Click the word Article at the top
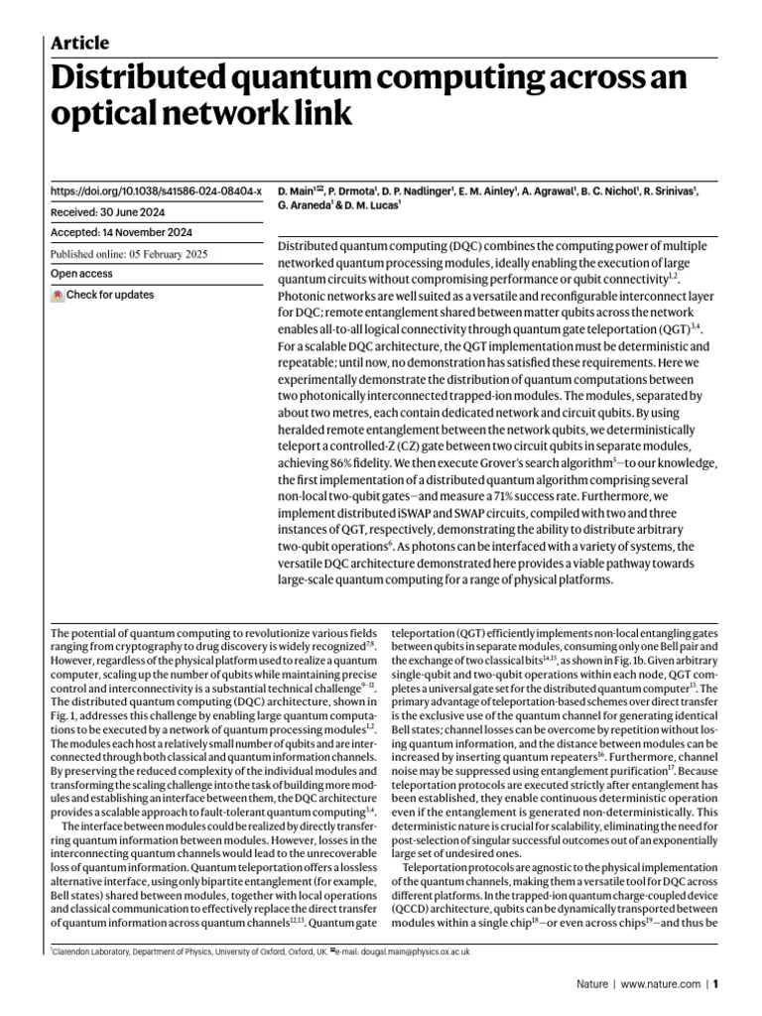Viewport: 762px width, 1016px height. (x=79, y=43)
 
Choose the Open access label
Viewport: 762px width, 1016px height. (x=81, y=274)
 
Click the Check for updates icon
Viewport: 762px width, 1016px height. (x=58, y=295)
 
